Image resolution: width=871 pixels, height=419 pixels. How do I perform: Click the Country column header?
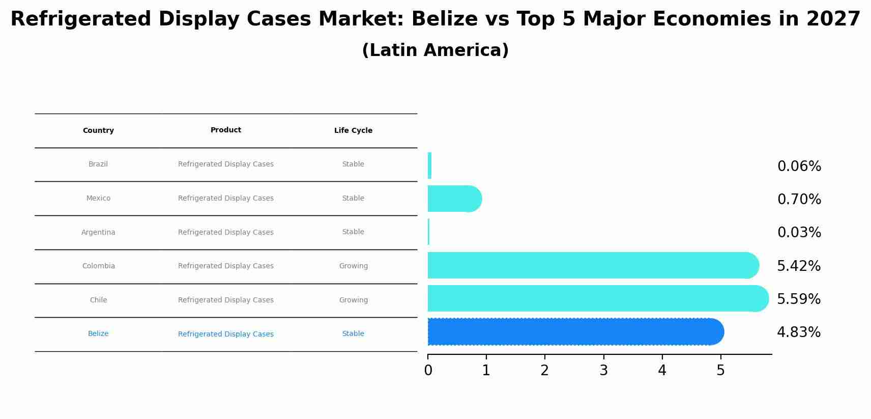pyautogui.click(x=98, y=131)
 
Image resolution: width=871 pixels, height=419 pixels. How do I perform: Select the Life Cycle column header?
pyautogui.click(x=353, y=131)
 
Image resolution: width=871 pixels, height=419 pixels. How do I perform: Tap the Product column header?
pyautogui.click(x=226, y=130)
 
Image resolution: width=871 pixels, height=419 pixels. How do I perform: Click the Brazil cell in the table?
pyautogui.click(x=98, y=164)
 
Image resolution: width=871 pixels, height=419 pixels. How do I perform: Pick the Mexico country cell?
pyautogui.click(x=98, y=199)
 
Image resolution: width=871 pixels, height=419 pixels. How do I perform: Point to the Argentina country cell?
pyautogui.click(x=98, y=233)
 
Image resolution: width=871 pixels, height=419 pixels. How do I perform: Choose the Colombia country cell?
pyautogui.click(x=99, y=266)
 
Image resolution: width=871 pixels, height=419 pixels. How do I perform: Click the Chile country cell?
pyautogui.click(x=98, y=300)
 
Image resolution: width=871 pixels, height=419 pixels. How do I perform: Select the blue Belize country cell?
pyautogui.click(x=98, y=334)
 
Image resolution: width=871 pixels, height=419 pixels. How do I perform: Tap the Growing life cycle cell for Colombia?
pyautogui.click(x=354, y=266)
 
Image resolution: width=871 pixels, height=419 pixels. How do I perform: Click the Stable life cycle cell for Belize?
pyautogui.click(x=353, y=334)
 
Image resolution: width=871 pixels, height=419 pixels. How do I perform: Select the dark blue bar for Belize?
pyautogui.click(x=575, y=332)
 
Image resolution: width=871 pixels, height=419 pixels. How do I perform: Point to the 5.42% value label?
pyautogui.click(x=799, y=266)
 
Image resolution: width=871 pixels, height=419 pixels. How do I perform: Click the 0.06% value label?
pyautogui.click(x=799, y=166)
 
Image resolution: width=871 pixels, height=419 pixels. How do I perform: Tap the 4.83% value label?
pyautogui.click(x=799, y=332)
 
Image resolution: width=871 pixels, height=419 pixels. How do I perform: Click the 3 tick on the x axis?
pyautogui.click(x=603, y=371)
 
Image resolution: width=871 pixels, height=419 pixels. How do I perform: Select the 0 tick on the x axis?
pyautogui.click(x=428, y=371)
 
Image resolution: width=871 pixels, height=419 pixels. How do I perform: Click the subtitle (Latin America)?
pyautogui.click(x=435, y=50)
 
